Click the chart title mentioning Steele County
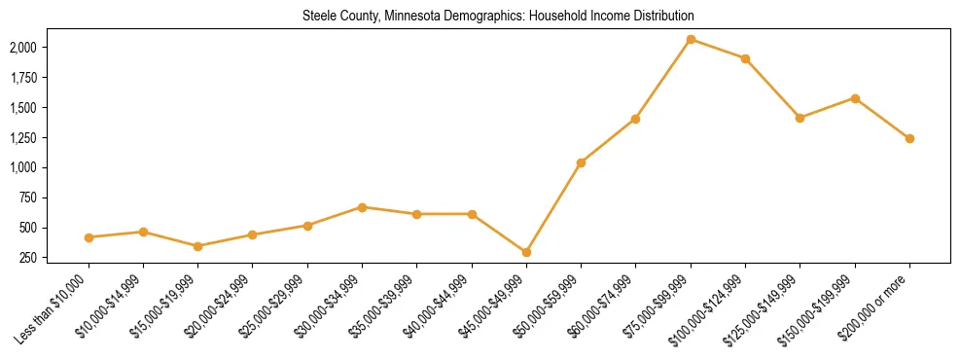(497, 16)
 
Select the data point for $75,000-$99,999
(691, 39)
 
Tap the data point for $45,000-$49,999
(526, 252)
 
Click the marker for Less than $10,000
(89, 237)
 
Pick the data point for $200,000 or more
(909, 138)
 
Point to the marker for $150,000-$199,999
(855, 98)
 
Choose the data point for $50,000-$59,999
(581, 162)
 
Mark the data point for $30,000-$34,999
(362, 207)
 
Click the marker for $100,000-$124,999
(745, 58)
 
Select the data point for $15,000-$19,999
(197, 246)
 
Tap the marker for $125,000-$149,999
(800, 118)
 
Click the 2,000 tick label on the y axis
(22, 48)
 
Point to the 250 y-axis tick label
(27, 258)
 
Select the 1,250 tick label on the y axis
(22, 138)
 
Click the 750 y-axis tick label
(27, 198)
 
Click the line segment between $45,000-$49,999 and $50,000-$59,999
(553, 207)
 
